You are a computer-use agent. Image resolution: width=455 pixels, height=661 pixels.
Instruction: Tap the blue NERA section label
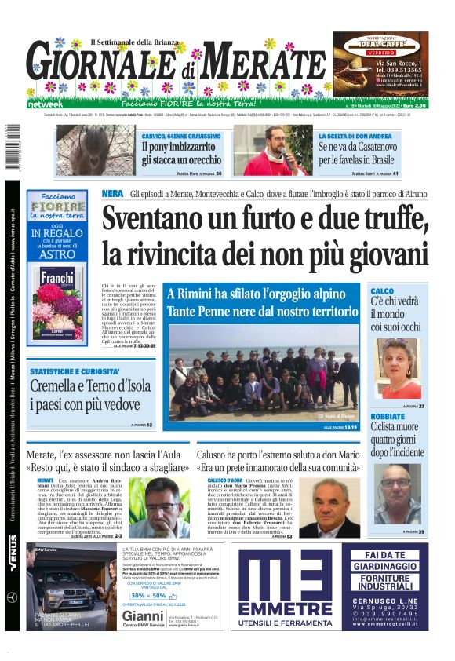tap(112, 194)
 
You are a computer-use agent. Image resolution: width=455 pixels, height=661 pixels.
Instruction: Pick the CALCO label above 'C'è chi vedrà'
tap(382, 291)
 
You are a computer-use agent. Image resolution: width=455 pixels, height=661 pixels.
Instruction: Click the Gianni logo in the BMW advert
tap(142, 616)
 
